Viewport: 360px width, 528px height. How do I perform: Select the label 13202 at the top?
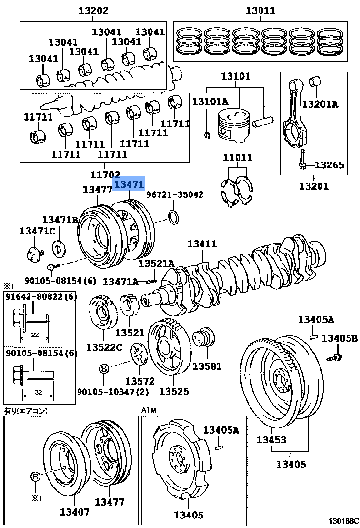[x=93, y=10]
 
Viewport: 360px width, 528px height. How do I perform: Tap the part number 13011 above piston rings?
[x=260, y=10]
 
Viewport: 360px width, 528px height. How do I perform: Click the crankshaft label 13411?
[x=201, y=244]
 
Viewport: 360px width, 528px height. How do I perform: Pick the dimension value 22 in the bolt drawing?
[x=35, y=334]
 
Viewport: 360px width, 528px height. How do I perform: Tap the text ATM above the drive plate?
[x=148, y=410]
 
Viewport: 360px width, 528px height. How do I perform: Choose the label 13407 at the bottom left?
[x=74, y=512]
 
